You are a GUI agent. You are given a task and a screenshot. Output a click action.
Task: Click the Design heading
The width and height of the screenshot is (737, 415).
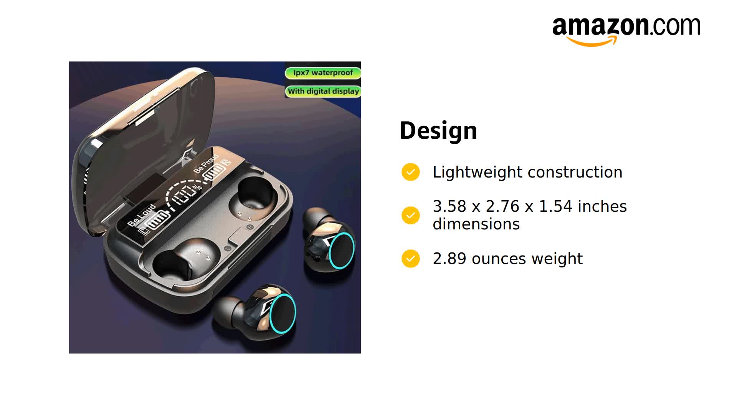pos(438,131)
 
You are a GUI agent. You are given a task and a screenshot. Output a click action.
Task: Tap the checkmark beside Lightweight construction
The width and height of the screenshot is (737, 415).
pos(410,172)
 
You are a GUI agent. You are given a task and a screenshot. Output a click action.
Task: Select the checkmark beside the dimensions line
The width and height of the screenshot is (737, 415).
pos(410,215)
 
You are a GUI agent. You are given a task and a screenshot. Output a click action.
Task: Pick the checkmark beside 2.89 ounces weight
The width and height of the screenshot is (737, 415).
pos(410,259)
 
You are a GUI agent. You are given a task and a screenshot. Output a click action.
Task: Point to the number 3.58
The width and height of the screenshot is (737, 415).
pos(449,207)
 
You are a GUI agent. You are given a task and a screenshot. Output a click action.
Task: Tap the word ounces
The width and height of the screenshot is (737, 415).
pos(499,259)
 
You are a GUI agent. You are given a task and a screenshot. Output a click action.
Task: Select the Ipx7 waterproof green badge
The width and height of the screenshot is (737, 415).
pos(322,73)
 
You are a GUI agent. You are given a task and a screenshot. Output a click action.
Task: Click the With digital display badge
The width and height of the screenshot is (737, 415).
pos(323,91)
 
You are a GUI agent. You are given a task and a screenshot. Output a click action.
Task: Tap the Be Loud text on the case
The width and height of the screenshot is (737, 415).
pos(142,215)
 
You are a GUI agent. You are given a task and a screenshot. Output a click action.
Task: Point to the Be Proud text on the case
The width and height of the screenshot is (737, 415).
pos(205,163)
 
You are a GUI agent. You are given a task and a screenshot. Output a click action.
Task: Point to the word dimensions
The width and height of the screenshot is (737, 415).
pos(476,224)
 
